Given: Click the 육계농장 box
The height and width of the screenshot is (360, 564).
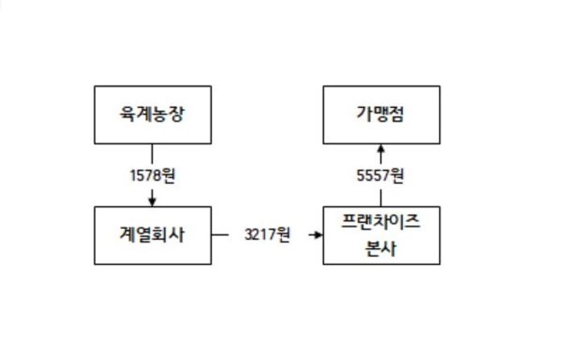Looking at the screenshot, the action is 152,114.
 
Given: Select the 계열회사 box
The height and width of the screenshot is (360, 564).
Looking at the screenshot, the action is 152,235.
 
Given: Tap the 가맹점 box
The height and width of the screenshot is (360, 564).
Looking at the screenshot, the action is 381,114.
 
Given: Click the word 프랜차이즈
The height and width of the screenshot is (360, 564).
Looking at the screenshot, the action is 381,223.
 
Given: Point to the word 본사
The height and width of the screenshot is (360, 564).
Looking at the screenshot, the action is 381,248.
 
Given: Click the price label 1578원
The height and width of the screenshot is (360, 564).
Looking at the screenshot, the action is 152,175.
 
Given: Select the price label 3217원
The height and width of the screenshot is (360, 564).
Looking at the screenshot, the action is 267,235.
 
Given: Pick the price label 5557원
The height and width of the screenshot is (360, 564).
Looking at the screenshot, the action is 381,175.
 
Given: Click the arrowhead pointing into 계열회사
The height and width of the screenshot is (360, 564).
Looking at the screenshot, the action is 152,201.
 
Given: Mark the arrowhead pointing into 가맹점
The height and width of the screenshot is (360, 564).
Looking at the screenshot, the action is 381,148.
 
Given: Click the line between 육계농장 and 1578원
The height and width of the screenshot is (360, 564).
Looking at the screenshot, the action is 152,155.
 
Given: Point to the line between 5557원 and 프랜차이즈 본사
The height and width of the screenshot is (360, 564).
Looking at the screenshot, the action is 381,196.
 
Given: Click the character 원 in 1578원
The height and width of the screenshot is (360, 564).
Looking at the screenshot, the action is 168,175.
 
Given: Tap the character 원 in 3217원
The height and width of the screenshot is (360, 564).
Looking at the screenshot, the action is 283,235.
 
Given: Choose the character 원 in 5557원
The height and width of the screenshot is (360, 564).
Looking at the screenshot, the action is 397,175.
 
